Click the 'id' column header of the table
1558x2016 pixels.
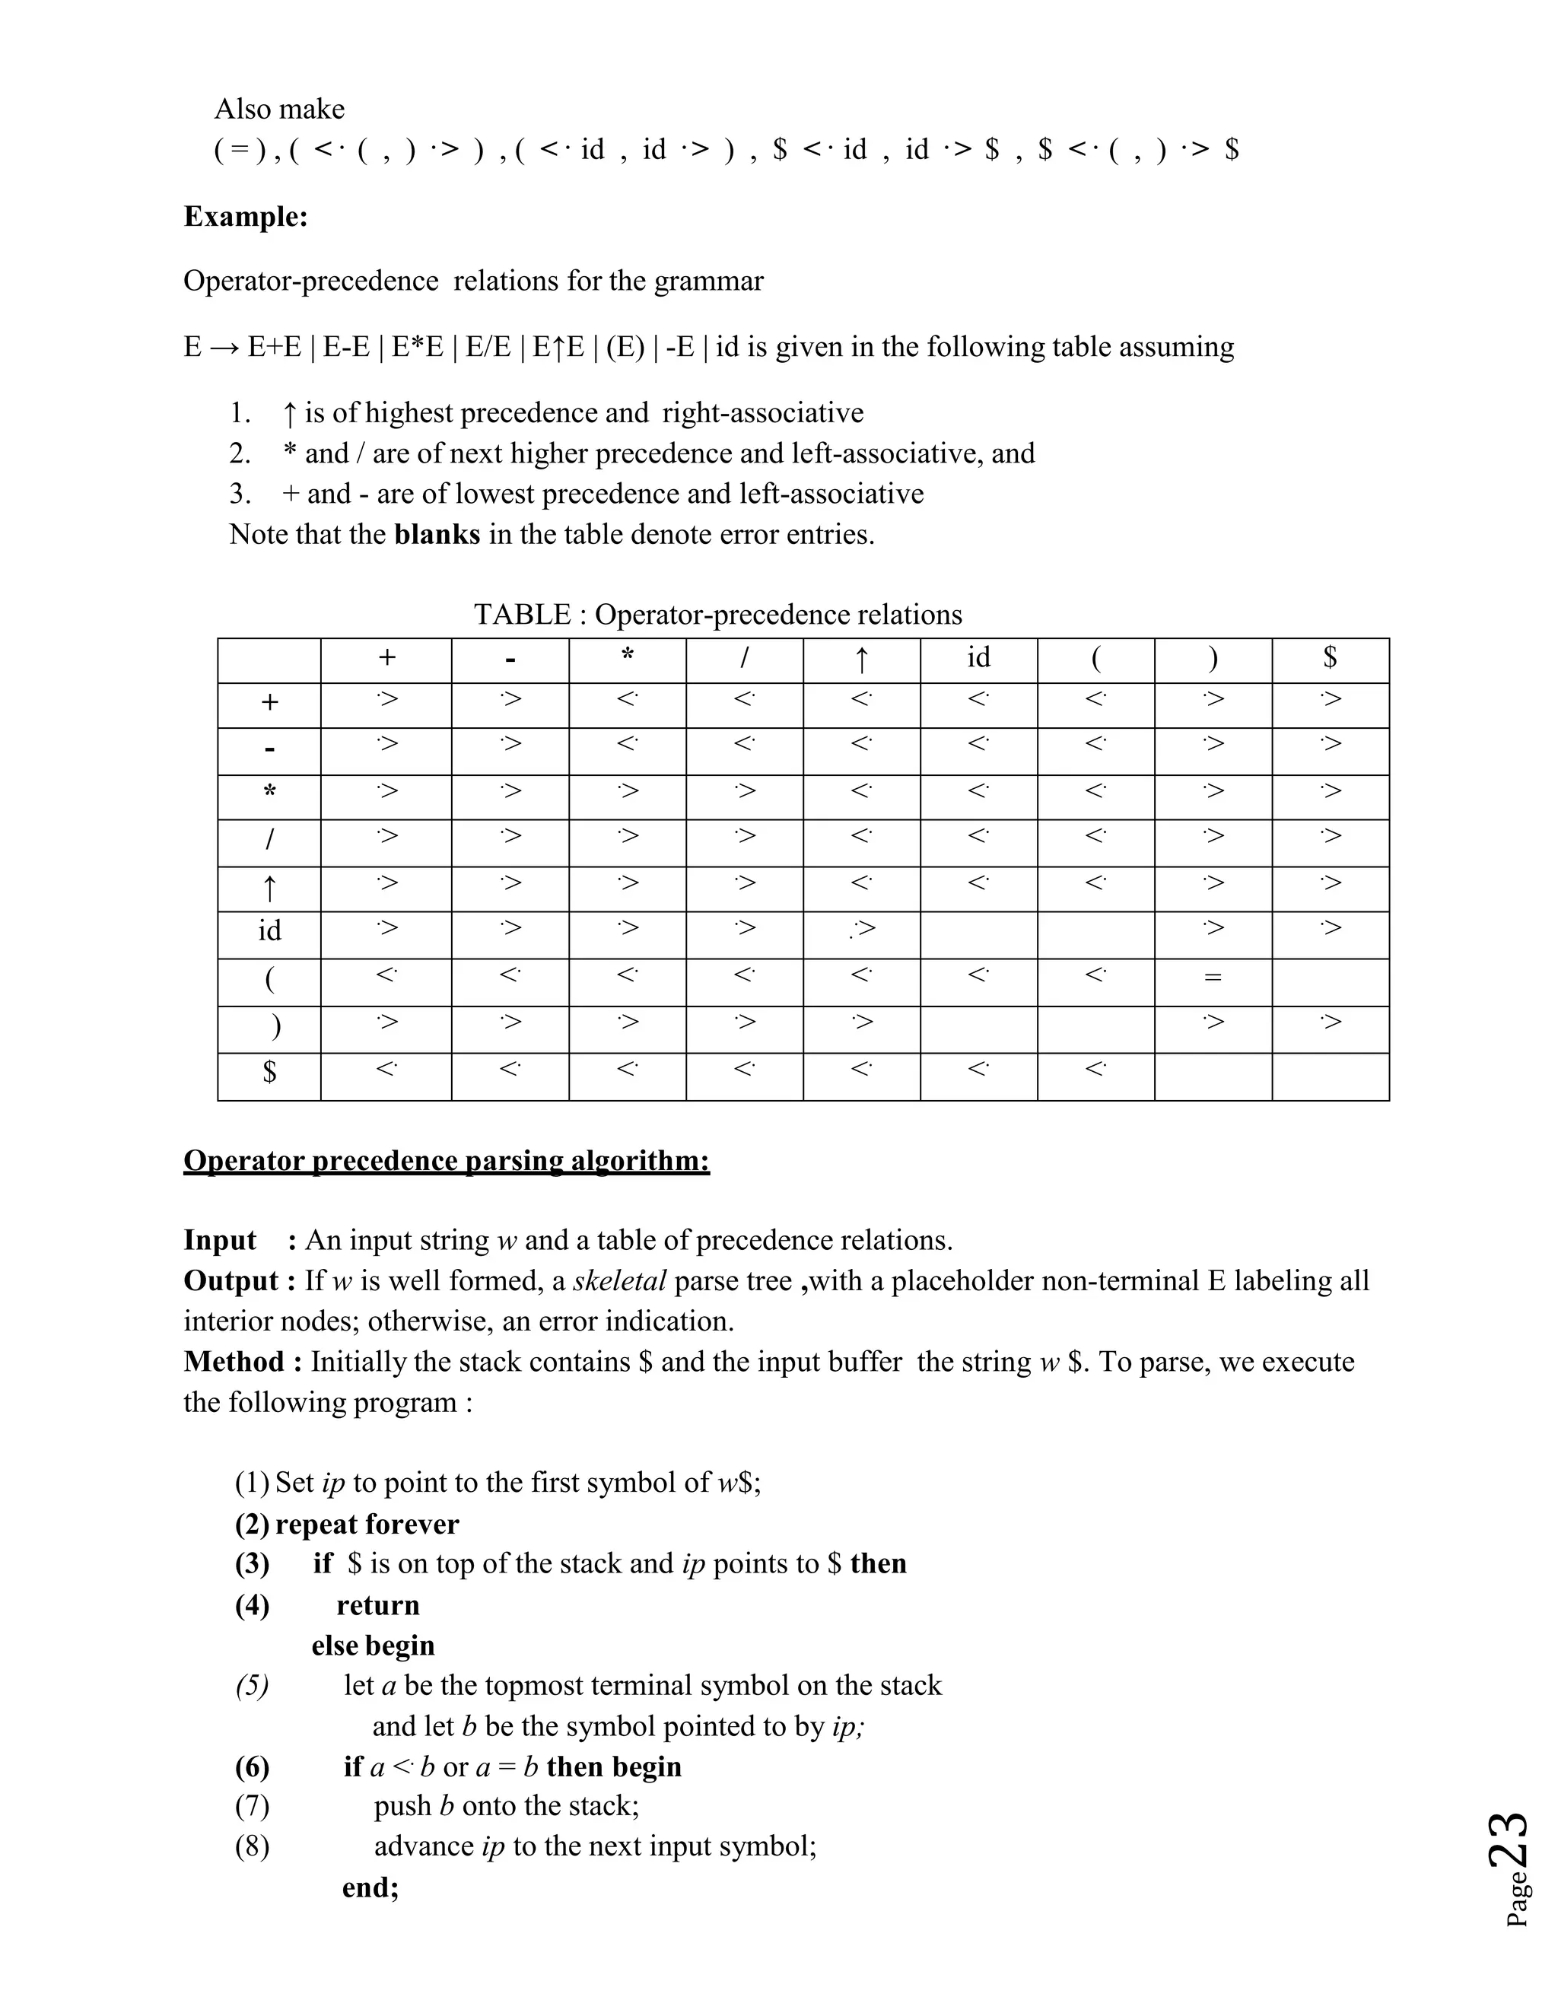coord(978,657)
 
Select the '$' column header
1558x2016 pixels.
coord(1330,657)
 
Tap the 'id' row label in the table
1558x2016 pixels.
coord(269,930)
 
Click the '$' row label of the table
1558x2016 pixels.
coord(269,1072)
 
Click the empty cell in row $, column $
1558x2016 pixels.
coord(1330,1076)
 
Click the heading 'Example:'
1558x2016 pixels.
coord(246,217)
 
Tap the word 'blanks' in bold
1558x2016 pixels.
coord(437,535)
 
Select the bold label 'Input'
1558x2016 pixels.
coord(220,1241)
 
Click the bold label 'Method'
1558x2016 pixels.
coord(234,1363)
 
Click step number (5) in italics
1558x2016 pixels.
coord(252,1687)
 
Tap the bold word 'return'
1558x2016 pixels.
coord(377,1605)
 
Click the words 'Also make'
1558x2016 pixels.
coord(280,110)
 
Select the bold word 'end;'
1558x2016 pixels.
coord(370,1887)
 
